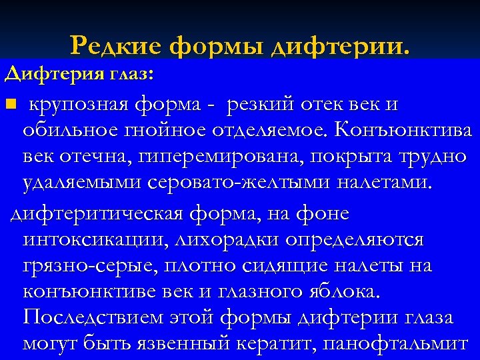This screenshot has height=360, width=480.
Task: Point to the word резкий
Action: coord(260,105)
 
